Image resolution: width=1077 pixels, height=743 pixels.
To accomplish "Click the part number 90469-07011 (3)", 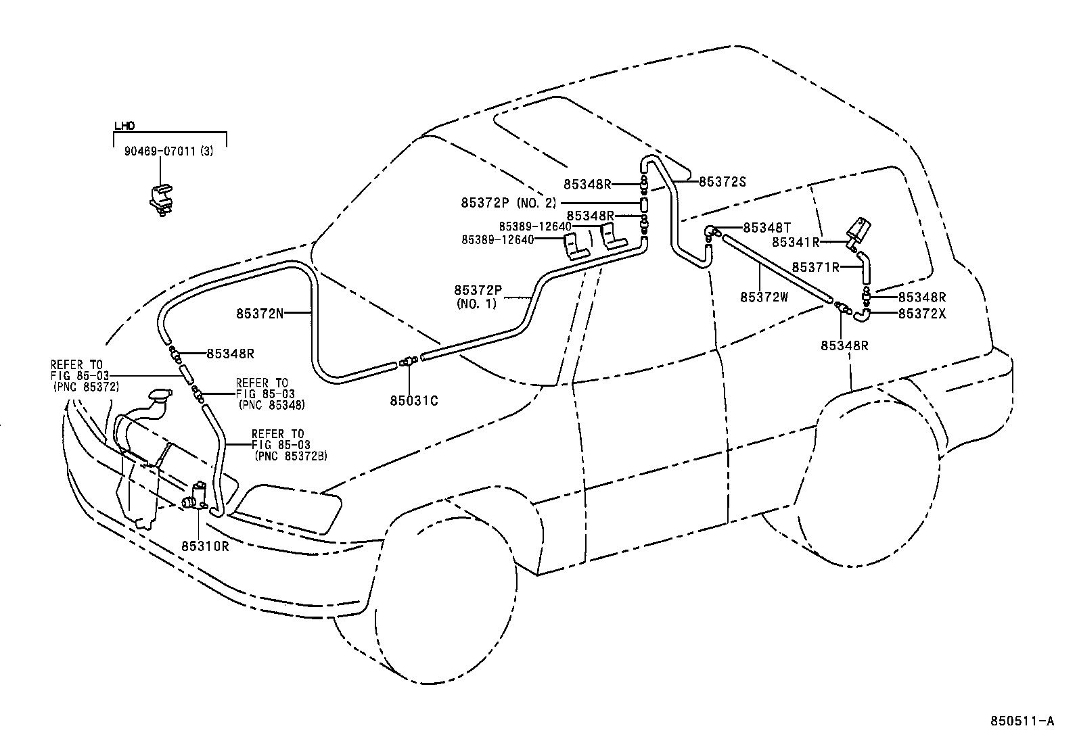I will tap(168, 152).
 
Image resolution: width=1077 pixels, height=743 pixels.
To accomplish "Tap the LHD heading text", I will tap(124, 126).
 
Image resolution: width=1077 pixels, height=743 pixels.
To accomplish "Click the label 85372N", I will tap(260, 313).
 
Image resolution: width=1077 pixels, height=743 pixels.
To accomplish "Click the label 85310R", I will tap(205, 546).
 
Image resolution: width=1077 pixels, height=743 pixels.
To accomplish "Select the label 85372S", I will tap(722, 181).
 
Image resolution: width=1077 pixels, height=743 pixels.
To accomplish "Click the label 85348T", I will tap(766, 228).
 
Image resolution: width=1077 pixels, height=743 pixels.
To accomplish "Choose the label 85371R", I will tap(815, 267).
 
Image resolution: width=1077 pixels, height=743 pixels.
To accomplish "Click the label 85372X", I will tap(921, 313).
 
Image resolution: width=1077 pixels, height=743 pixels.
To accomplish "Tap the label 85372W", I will tap(764, 297).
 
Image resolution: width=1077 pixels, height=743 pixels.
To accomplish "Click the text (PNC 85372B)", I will tap(291, 456).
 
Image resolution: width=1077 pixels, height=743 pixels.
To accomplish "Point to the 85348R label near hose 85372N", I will tap(229, 353).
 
